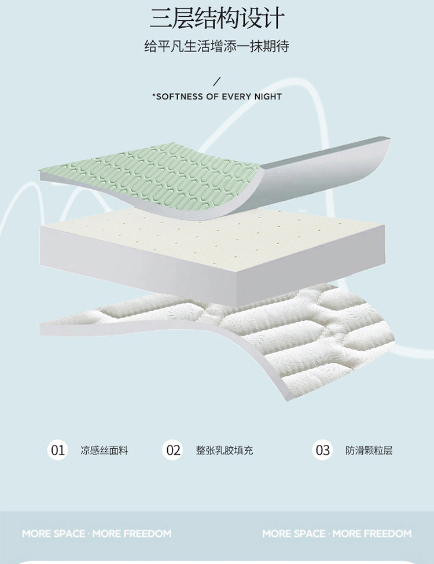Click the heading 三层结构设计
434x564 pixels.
point(217,18)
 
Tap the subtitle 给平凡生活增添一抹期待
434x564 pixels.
point(216,47)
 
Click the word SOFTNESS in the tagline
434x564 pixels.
point(179,97)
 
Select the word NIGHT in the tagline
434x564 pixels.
point(268,97)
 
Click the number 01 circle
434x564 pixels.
point(58,450)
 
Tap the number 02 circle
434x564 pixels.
point(173,450)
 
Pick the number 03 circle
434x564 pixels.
point(323,450)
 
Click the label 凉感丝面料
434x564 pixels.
point(104,451)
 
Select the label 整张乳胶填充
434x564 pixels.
point(225,451)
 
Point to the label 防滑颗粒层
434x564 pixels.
point(369,451)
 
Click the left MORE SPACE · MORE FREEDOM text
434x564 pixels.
point(97,533)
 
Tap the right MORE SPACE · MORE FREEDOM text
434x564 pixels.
point(337,533)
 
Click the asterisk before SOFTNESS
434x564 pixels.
point(154,95)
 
